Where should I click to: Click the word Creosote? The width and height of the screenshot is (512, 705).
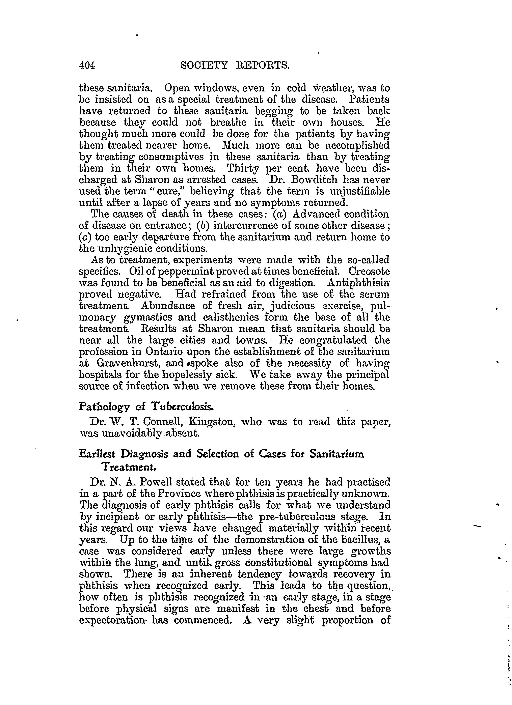pyautogui.click(x=369, y=271)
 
